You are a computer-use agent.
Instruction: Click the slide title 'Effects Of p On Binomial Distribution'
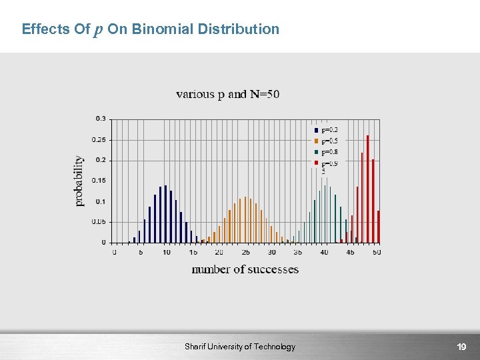point(150,29)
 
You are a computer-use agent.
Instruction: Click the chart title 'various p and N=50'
point(227,94)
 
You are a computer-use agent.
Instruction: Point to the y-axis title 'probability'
point(79,181)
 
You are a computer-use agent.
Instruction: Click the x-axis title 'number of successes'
point(245,269)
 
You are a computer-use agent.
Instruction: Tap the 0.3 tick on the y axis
point(100,119)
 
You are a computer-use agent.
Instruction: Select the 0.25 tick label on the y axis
point(98,139)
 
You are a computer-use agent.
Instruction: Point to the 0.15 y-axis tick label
point(98,181)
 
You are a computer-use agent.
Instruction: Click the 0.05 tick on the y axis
point(98,222)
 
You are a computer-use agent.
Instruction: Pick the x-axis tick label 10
point(166,253)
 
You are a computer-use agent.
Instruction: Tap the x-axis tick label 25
point(245,253)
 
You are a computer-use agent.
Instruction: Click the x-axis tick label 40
point(324,253)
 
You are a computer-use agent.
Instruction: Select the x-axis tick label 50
point(376,253)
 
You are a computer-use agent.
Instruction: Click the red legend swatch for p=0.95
point(316,163)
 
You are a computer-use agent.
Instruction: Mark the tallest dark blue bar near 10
point(165,213)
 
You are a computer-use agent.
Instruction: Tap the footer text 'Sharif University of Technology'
point(240,347)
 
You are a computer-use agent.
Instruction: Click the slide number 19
point(461,347)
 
